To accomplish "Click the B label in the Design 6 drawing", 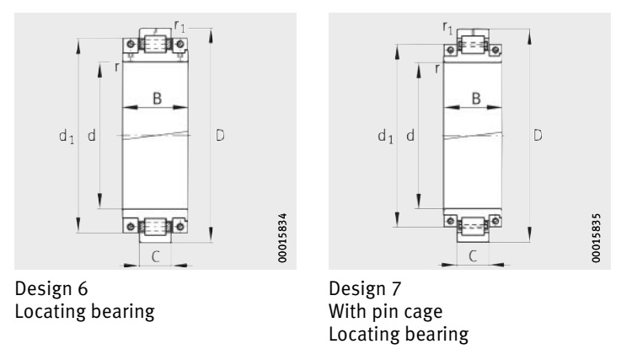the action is coord(158,98).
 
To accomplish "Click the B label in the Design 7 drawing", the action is coord(476,98).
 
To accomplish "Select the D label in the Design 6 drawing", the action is coord(220,136).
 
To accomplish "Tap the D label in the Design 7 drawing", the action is coord(538,136).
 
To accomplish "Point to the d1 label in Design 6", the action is coord(67,137).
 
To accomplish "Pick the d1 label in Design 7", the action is coord(385,137).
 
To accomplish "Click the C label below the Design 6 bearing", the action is coord(156,257).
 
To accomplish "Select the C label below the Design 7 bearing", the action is coord(473,256).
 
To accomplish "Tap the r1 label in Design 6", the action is coord(179,26).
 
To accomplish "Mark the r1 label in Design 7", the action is coord(447,28).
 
